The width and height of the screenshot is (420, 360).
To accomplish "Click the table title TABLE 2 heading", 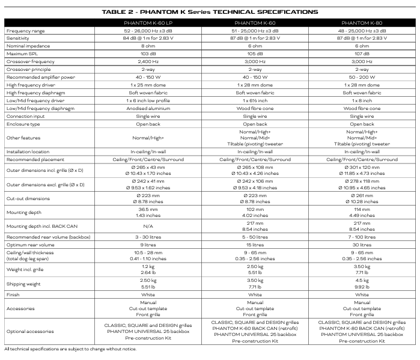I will [210, 12].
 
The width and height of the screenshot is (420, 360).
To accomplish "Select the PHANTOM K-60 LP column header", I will [147, 22].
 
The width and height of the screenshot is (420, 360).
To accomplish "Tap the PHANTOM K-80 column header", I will [362, 22].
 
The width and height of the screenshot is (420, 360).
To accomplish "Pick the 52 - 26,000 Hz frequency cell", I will [147, 30].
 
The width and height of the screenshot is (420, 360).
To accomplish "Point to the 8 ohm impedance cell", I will [147, 46].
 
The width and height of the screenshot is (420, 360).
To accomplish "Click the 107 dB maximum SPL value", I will [362, 53].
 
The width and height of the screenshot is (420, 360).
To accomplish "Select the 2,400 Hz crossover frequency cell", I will [147, 61].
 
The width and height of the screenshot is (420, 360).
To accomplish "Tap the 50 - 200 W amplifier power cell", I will [362, 77].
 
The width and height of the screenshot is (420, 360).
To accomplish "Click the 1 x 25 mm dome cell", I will [147, 85].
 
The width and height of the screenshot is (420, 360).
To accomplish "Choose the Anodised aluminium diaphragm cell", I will [147, 108].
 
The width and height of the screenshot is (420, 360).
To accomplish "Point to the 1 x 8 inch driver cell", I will [362, 100].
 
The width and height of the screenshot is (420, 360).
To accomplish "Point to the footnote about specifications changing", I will [70, 349].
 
